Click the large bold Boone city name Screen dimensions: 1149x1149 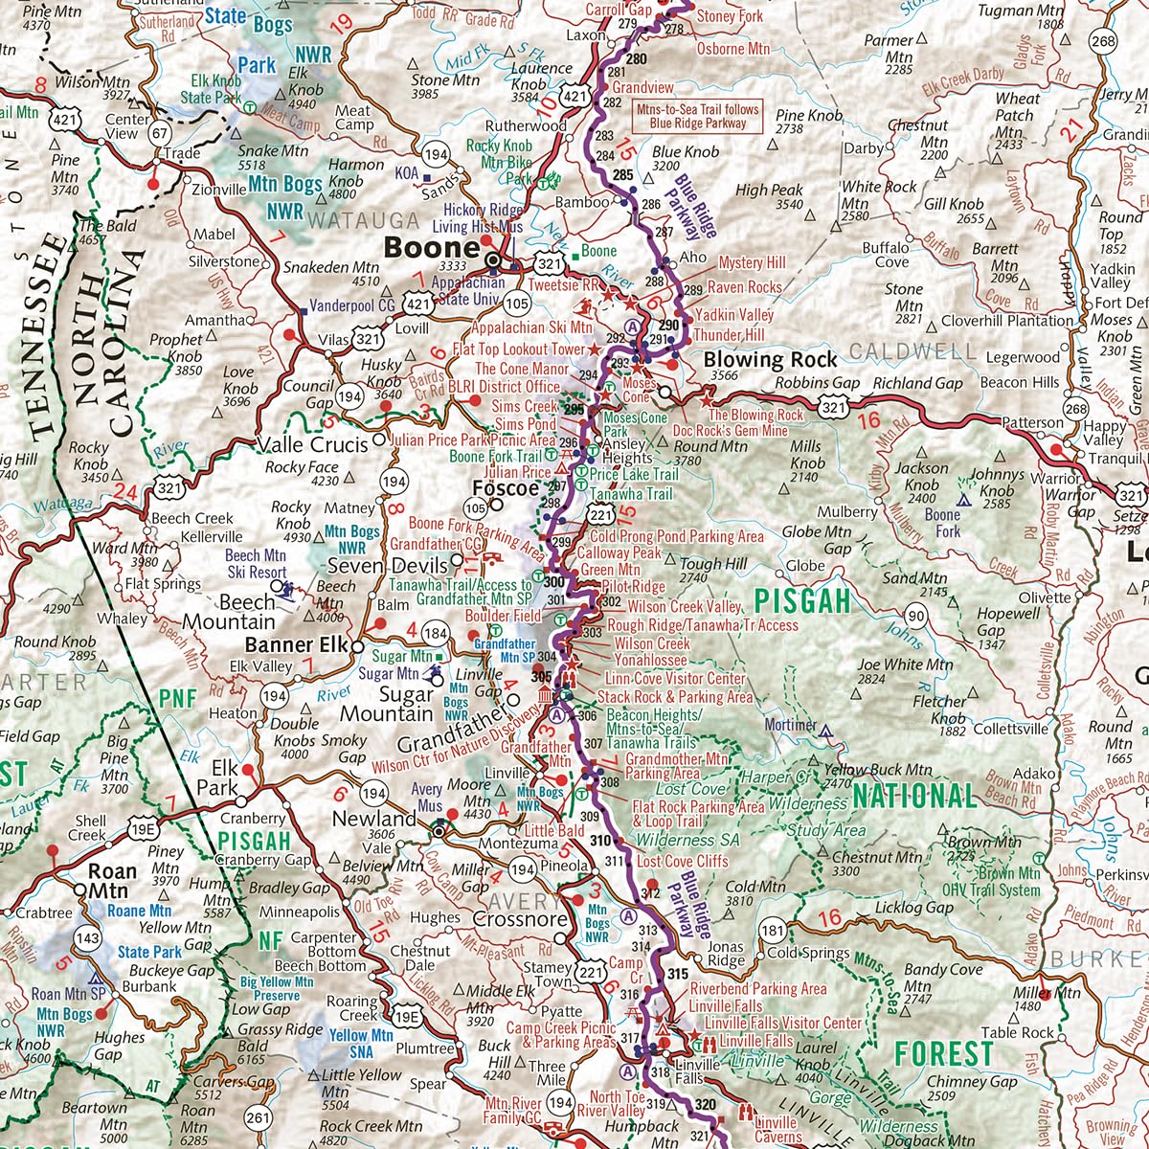point(431,247)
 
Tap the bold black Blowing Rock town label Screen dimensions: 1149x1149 point(770,360)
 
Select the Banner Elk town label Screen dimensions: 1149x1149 point(296,644)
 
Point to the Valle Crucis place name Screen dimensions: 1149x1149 point(313,445)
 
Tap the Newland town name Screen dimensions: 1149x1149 point(374,819)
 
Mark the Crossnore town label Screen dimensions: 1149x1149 point(519,919)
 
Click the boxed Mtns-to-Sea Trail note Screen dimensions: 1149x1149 point(697,116)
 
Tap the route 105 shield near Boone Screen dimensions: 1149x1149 point(516,304)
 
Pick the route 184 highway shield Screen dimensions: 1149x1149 point(436,633)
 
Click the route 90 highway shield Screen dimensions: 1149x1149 point(916,616)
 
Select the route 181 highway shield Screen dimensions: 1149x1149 point(773,930)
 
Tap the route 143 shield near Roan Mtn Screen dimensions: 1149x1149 point(88,937)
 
